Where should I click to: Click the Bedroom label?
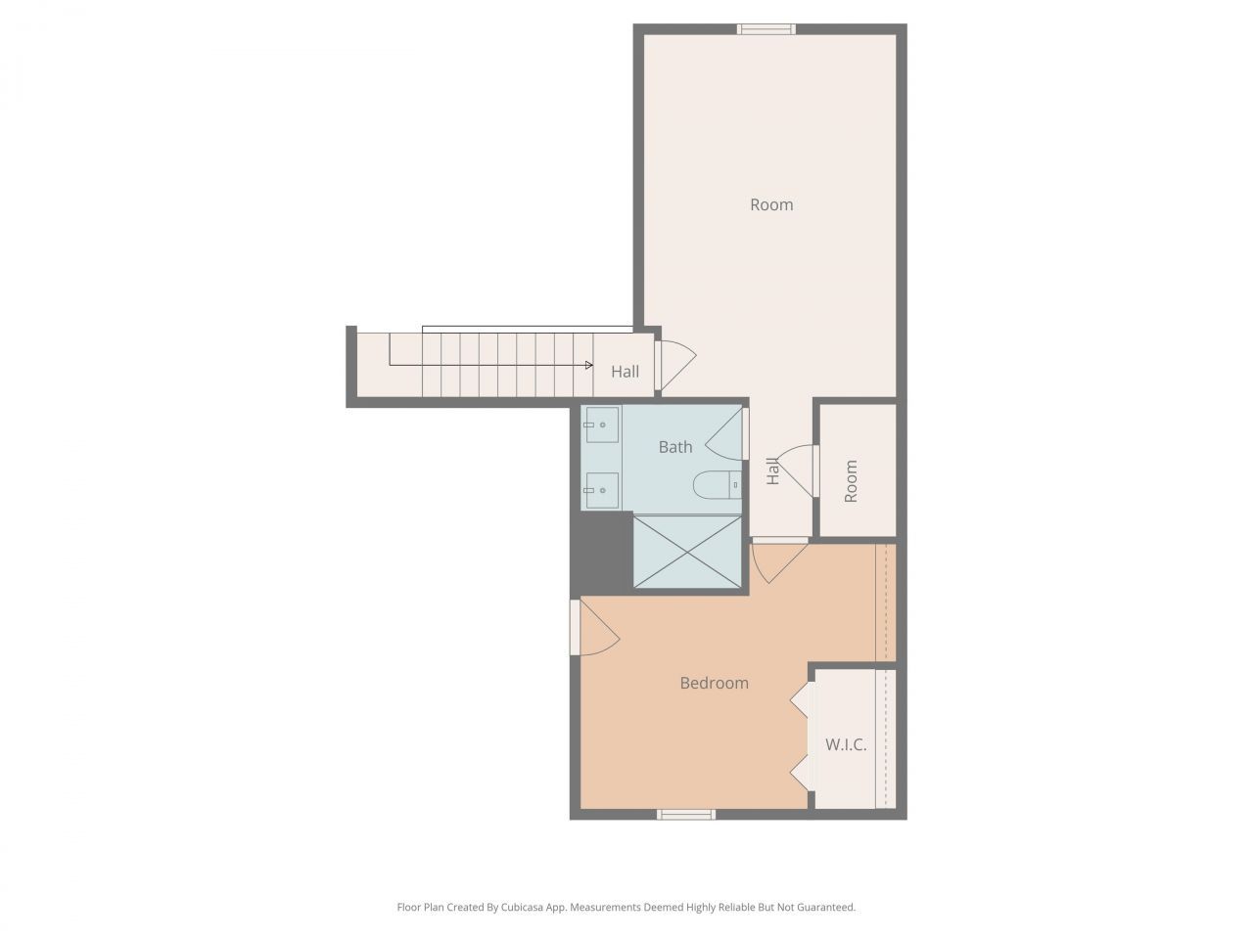714,683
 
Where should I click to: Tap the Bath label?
675,447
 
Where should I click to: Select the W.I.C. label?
846,744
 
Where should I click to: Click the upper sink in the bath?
601,425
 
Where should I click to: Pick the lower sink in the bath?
601,490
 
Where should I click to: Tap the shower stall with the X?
688,552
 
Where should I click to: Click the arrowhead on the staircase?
589,365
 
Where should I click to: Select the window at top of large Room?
766,29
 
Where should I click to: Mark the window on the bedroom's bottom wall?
686,814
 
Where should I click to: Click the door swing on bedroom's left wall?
599,632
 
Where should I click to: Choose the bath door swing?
724,435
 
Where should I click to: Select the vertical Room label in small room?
851,481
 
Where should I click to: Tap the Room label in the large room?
771,204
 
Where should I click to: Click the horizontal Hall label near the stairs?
626,372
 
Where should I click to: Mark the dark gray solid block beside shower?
601,553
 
